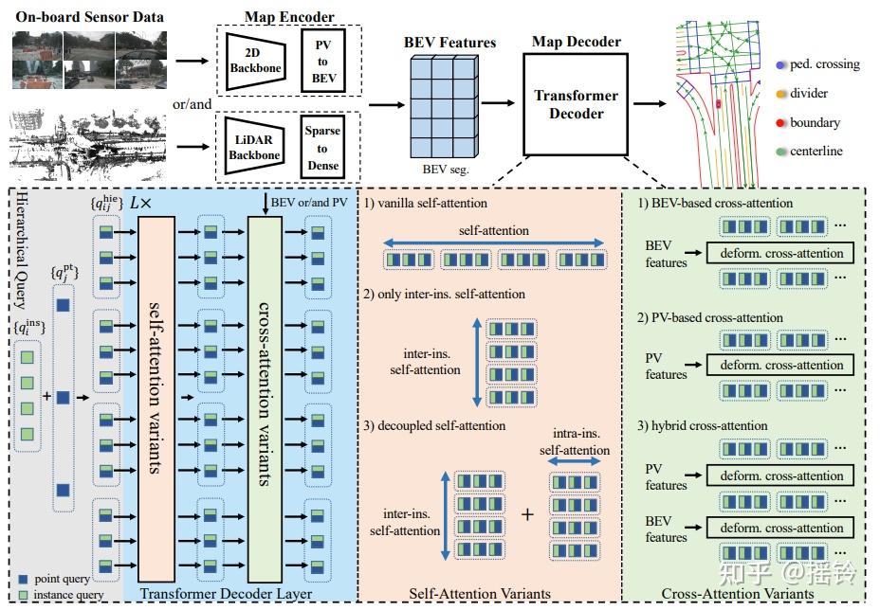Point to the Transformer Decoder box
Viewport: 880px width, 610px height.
coord(576,104)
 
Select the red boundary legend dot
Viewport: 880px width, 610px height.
coord(779,123)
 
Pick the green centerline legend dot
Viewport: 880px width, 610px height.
coord(779,152)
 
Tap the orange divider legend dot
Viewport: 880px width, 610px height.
coord(779,94)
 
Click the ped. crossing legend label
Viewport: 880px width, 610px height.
coord(824,64)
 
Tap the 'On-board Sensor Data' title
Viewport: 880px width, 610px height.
coord(89,17)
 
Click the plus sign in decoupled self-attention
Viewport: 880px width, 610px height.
coord(528,514)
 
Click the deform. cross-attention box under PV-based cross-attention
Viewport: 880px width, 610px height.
coord(780,365)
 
